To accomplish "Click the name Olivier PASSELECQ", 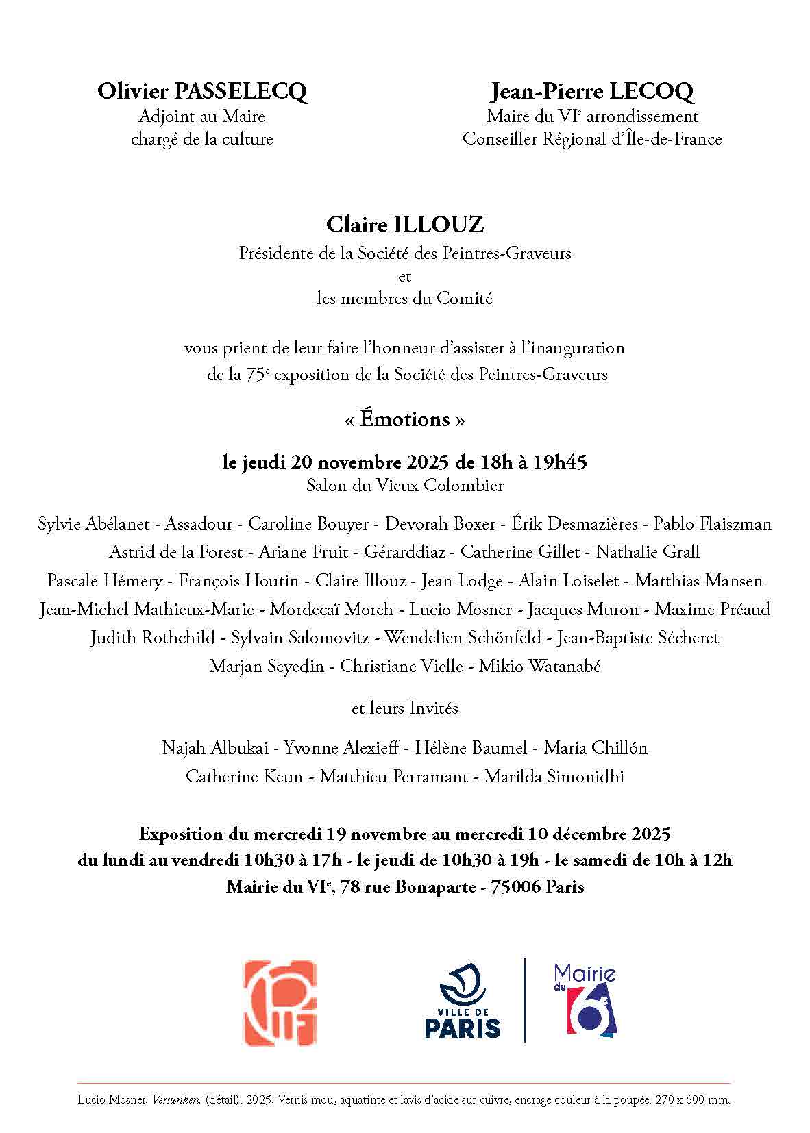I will [x=202, y=91].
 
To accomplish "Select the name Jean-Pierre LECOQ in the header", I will [x=592, y=91].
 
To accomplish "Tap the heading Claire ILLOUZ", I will [x=404, y=224].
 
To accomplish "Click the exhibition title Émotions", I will [x=405, y=419].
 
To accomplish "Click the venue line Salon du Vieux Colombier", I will [x=404, y=486].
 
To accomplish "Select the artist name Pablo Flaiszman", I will [x=712, y=524].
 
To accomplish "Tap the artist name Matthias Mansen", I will [x=698, y=581].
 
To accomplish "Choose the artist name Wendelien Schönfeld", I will [x=461, y=638].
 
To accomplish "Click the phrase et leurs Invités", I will [x=404, y=708].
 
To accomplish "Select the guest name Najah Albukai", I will [x=215, y=747].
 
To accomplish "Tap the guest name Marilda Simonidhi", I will [x=554, y=777].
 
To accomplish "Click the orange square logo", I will [x=280, y=1003].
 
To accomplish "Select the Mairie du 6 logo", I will [x=585, y=999].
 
